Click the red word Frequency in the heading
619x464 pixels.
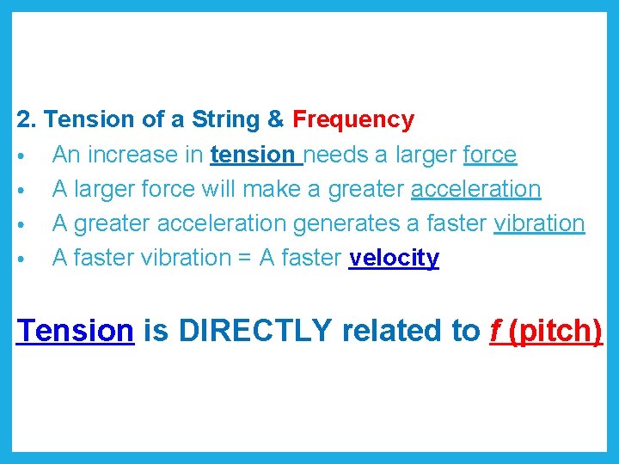[353, 119]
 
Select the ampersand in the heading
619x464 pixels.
[277, 119]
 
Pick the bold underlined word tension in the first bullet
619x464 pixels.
[252, 155]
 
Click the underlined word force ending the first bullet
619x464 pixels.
[489, 155]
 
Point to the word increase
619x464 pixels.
[138, 155]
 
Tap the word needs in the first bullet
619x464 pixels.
[334, 155]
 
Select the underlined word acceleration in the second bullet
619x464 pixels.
[475, 189]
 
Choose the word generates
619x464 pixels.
[345, 223]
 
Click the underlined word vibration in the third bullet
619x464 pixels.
[539, 223]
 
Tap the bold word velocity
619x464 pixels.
[394, 258]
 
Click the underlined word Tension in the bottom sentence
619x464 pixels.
[76, 330]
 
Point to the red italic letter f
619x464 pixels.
[496, 330]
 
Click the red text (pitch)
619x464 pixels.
[555, 330]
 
